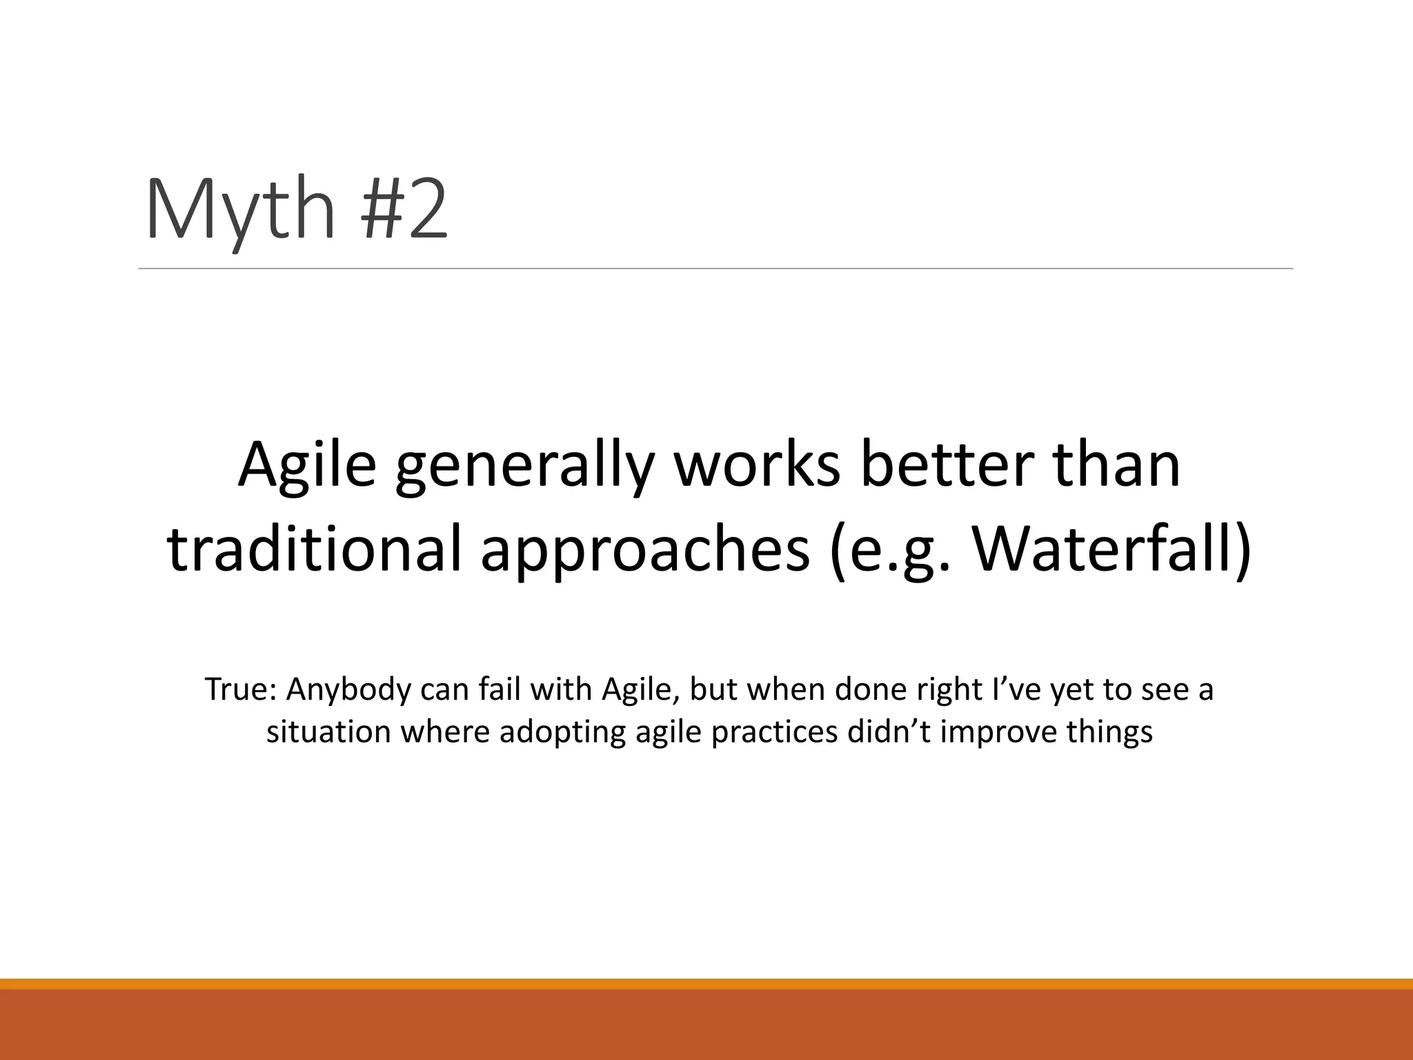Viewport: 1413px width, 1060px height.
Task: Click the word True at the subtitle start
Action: [240, 689]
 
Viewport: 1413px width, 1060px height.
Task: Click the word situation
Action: [328, 732]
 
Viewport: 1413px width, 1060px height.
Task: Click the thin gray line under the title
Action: [715, 268]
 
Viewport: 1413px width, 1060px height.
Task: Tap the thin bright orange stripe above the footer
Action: [706, 983]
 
